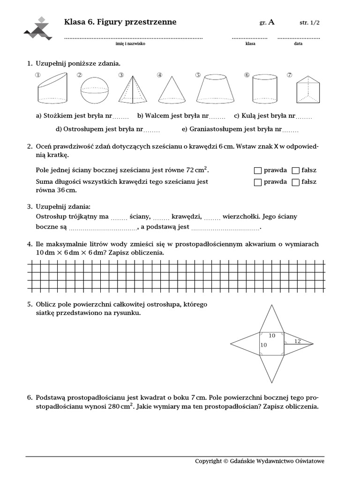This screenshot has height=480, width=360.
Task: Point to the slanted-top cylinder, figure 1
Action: click(52, 90)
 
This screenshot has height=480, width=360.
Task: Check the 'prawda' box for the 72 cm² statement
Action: click(257, 170)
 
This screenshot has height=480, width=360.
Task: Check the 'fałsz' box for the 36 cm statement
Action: click(295, 182)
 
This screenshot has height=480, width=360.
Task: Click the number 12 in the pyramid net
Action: click(297, 341)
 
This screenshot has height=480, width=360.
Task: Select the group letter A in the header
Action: click(272, 22)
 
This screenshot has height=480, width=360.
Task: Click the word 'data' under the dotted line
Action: click(298, 44)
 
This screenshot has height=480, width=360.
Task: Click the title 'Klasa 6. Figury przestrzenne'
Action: click(120, 22)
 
